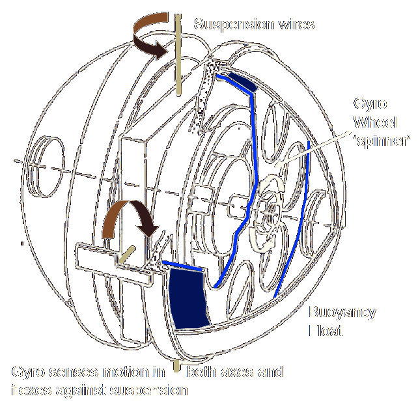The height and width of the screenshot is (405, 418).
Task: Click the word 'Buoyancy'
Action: tap(342, 313)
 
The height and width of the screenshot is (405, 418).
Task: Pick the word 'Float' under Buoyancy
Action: tap(325, 331)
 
